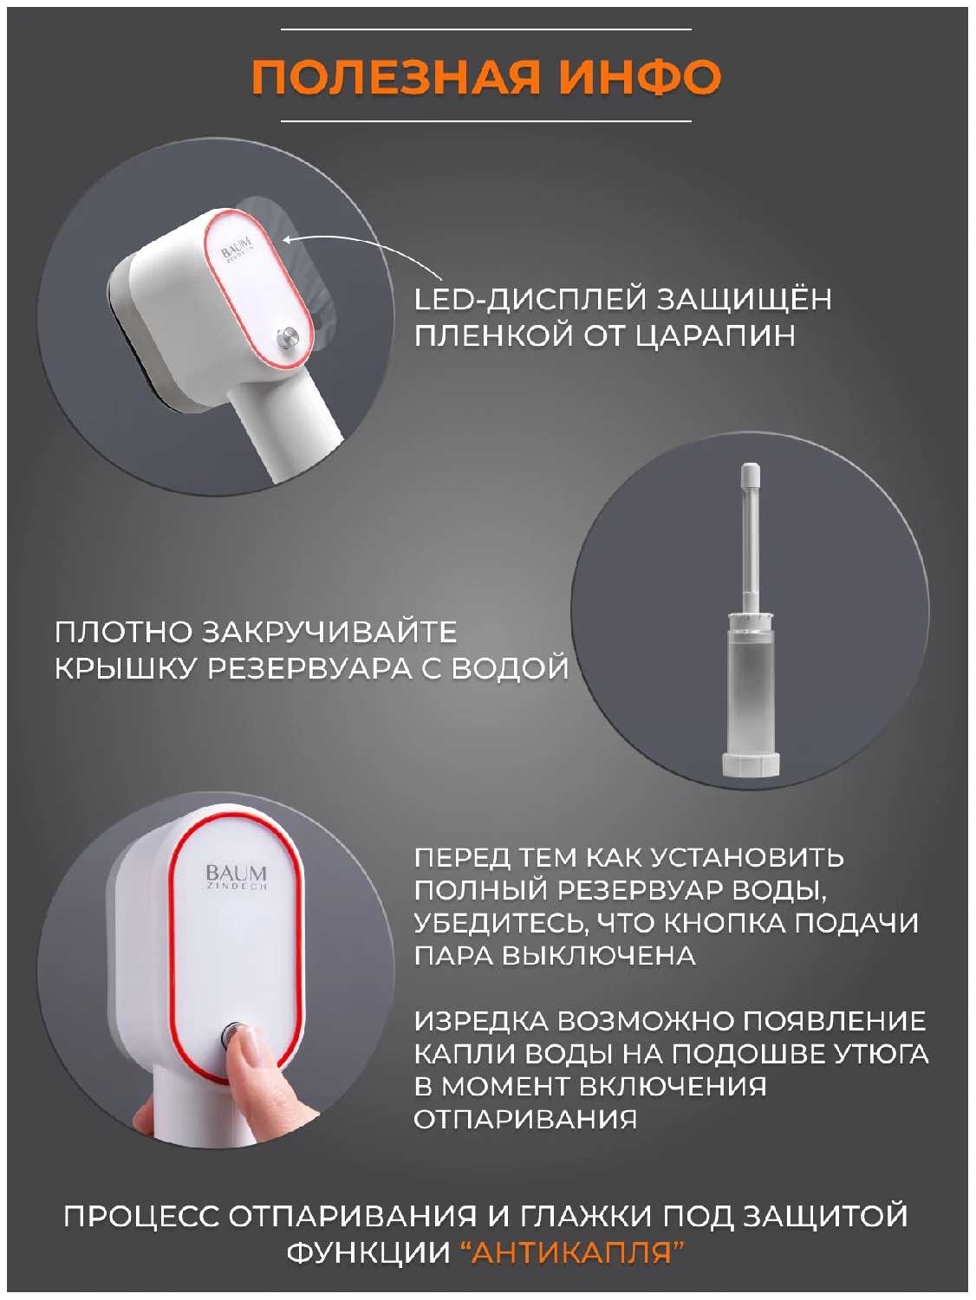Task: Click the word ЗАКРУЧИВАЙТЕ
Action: (x=330, y=632)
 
